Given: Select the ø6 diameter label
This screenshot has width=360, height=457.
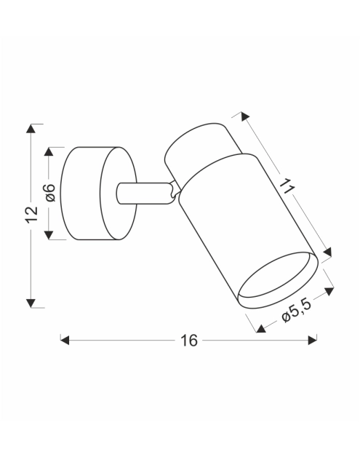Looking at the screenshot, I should pos(49,193).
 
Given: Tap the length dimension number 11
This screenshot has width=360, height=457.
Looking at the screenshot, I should pos(287,185).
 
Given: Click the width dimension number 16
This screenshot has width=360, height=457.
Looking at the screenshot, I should pos(188,341).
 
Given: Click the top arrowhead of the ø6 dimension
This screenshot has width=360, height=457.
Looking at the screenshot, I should pos(49,151).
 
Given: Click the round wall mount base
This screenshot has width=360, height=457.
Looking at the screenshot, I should pos(95,193).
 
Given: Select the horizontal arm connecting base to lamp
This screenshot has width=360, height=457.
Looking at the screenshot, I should pos(143,193).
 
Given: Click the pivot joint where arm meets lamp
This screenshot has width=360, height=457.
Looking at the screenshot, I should pos(173,191).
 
